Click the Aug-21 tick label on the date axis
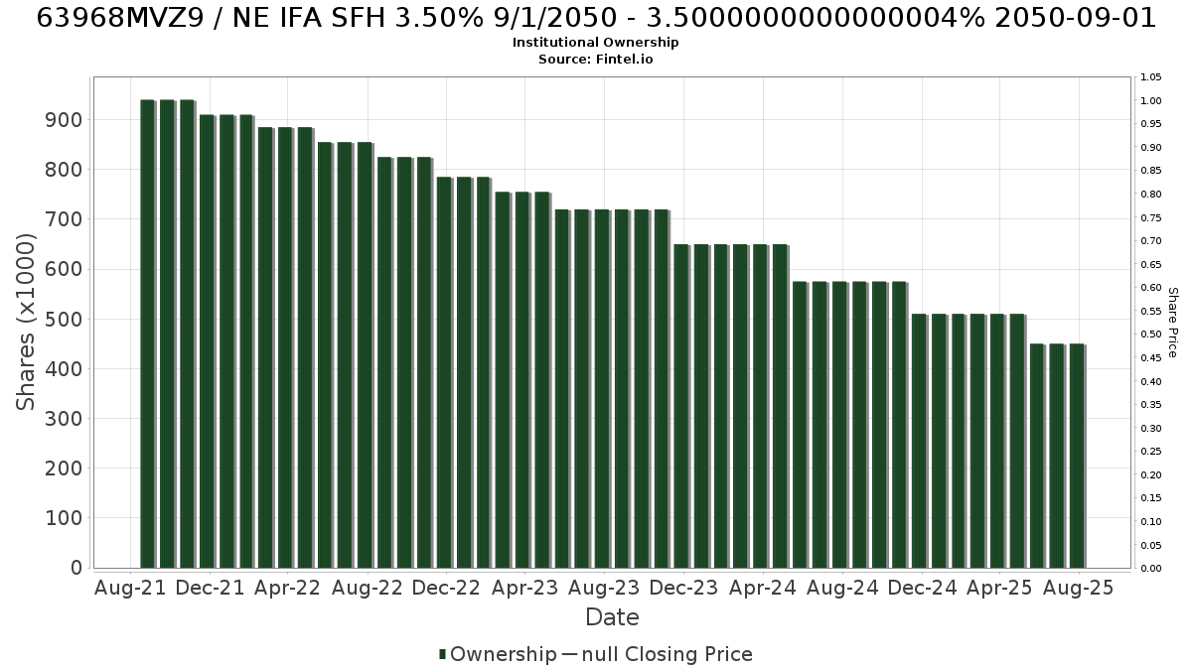tap(130, 588)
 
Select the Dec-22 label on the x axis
tap(446, 588)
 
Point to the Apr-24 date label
tap(763, 588)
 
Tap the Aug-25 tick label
tap(1078, 588)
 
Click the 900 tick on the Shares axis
tap(65, 120)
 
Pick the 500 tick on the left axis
tap(65, 319)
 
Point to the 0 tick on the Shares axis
tap(77, 568)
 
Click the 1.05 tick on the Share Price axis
tap(1150, 77)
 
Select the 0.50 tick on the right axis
tap(1150, 335)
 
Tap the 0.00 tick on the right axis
tap(1150, 569)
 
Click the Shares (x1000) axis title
tap(25, 323)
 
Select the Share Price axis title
tap(1173, 323)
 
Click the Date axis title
tap(612, 617)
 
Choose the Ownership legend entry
tap(498, 654)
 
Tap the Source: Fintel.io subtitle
tap(595, 59)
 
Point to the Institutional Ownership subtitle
tap(595, 43)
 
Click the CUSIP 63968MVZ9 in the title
tap(120, 18)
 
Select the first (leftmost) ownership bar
tap(147, 334)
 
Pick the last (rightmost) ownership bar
tap(1077, 457)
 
